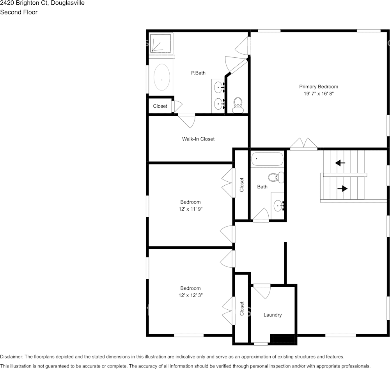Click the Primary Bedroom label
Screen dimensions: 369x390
318,87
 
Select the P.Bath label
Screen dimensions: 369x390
198,73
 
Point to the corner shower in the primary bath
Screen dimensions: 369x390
161,43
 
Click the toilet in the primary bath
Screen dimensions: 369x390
237,105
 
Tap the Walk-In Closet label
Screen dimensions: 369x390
198,139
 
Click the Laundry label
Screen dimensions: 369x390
272,315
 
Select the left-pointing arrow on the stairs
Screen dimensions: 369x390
340,163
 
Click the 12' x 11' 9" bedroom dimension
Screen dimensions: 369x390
190,209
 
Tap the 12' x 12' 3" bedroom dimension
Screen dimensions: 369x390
190,295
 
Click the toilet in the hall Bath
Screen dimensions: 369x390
279,177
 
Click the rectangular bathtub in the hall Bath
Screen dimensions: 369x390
267,159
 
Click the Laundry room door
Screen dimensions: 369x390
262,291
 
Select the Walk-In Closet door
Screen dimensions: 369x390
187,120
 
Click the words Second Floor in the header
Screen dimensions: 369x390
19,12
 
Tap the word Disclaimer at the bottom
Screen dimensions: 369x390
11,357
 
